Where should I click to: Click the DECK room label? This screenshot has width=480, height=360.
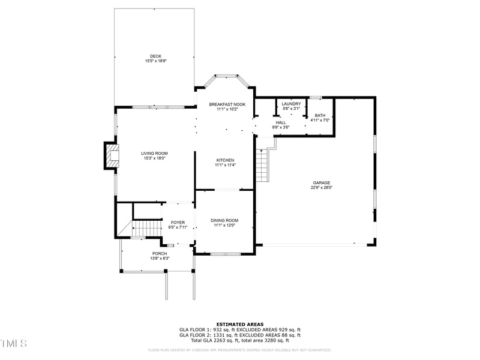(x=156, y=56)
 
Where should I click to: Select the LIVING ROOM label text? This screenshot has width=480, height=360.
(x=154, y=153)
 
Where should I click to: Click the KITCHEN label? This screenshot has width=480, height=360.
(x=225, y=160)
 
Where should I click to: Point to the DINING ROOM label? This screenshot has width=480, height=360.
(x=224, y=220)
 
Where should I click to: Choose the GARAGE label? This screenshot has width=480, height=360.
(x=321, y=183)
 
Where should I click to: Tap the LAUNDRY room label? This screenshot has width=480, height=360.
(x=291, y=104)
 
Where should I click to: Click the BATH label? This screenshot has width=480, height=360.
(x=320, y=115)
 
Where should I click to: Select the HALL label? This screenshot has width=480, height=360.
(x=281, y=122)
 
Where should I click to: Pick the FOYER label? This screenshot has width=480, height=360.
(x=178, y=223)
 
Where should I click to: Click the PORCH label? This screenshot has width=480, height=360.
(x=160, y=254)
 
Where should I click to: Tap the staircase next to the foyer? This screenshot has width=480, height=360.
(x=146, y=229)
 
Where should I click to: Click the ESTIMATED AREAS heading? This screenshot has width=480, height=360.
(x=240, y=324)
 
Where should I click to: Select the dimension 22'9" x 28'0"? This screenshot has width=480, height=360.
(x=321, y=188)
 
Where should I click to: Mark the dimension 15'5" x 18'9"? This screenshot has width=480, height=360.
(x=156, y=61)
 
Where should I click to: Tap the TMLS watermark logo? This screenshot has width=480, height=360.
(x=13, y=343)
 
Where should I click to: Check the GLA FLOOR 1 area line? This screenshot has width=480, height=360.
(x=240, y=329)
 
